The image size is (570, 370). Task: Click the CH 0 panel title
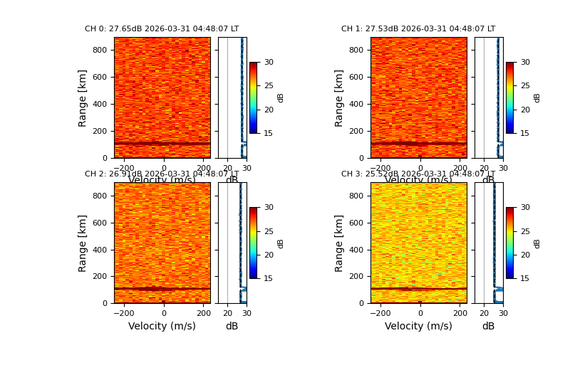162,29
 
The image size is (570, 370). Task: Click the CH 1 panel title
418,29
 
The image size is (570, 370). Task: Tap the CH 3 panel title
418,174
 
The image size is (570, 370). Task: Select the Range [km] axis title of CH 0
83,97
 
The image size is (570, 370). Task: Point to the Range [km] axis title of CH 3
340,243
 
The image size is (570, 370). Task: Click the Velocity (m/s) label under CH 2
162,326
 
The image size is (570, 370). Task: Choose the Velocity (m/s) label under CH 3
418,326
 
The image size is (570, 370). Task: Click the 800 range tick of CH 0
100,50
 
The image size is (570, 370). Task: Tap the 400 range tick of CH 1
356,104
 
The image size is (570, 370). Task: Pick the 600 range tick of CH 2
100,222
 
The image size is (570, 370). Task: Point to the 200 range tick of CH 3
356,276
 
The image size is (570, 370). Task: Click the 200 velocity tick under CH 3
460,313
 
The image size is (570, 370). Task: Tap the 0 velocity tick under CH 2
163,313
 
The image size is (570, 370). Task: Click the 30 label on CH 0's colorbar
269,63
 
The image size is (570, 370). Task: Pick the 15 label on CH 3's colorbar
525,278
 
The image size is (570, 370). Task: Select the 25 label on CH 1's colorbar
525,86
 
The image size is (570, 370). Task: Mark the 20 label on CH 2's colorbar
269,255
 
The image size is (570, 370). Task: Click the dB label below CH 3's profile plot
488,326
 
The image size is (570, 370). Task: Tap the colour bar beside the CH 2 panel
253,243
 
